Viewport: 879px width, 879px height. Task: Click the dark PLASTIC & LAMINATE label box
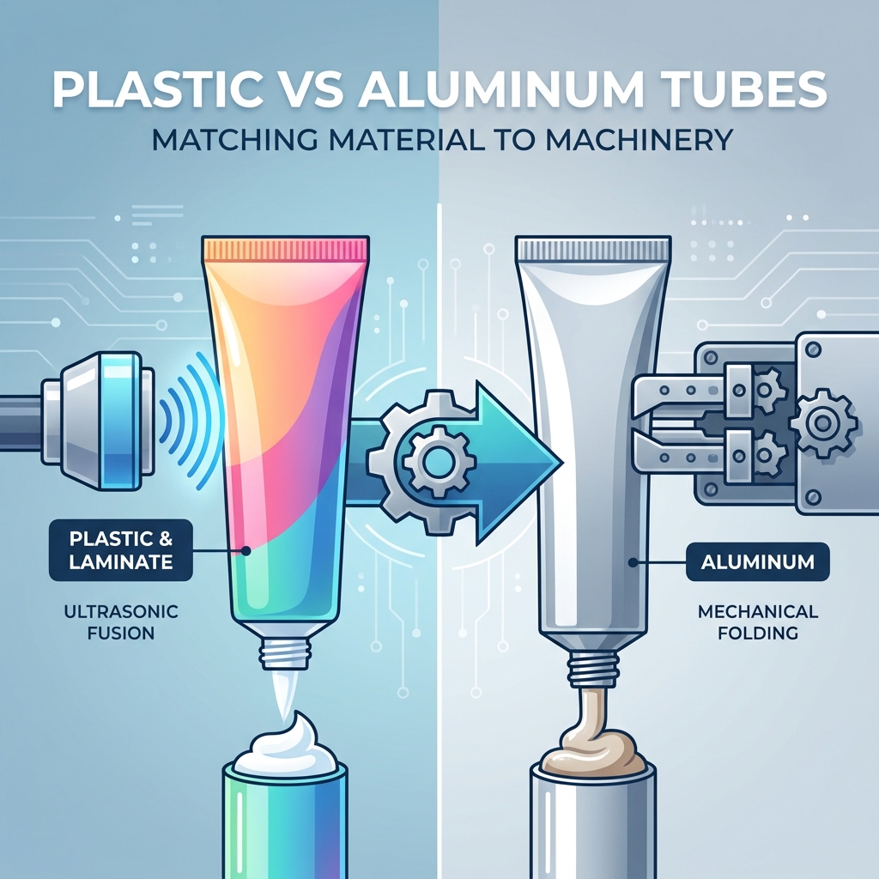pyautogui.click(x=120, y=550)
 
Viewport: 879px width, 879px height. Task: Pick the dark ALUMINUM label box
pyautogui.click(x=758, y=561)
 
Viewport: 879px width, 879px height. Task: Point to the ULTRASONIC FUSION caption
pyautogui.click(x=120, y=621)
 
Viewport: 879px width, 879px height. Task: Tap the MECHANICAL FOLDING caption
pyautogui.click(x=758, y=621)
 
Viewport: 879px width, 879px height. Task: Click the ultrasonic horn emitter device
pyautogui.click(x=98, y=421)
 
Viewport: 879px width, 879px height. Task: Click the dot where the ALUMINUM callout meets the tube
pyautogui.click(x=633, y=561)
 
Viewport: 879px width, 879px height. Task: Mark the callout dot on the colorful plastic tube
pyautogui.click(x=245, y=550)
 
